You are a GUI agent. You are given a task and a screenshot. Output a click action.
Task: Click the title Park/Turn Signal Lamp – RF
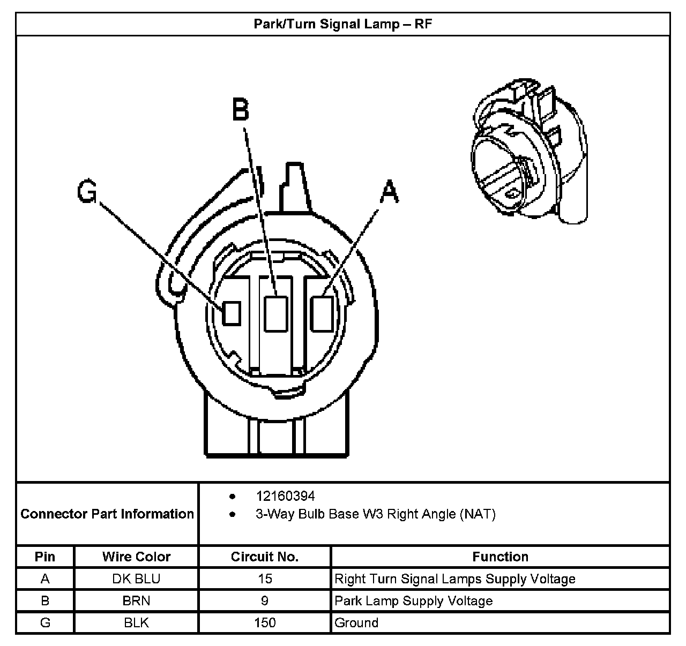point(342,24)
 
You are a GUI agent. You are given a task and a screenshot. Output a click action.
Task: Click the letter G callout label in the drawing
point(87,191)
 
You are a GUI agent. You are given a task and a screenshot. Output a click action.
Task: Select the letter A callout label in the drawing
point(390,192)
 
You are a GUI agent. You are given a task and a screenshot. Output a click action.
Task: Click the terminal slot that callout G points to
point(232,313)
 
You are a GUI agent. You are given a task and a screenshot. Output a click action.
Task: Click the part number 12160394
point(285,496)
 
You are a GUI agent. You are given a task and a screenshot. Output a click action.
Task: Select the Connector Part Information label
point(107,514)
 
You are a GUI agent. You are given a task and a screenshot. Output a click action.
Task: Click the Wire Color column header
point(136,557)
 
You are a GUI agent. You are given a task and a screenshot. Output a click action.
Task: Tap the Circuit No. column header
point(264,557)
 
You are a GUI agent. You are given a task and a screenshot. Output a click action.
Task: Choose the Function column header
point(500,557)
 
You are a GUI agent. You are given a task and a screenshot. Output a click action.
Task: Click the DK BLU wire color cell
point(136,579)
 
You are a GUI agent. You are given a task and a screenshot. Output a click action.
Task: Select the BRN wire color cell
point(136,601)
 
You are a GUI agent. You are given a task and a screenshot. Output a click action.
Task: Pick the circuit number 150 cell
point(264,623)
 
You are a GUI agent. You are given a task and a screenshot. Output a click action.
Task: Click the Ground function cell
point(356,623)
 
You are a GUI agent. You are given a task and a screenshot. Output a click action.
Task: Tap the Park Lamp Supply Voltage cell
point(413,601)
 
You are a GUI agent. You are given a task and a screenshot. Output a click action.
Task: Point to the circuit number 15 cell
point(264,579)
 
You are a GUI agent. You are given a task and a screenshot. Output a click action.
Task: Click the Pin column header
point(45,557)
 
